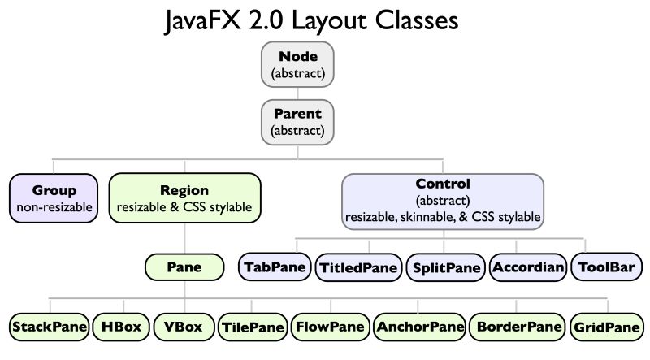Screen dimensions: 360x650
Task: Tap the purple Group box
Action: (54, 199)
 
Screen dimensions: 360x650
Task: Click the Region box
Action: (184, 199)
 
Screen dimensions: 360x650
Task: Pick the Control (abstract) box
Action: (443, 200)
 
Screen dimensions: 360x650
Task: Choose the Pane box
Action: (184, 266)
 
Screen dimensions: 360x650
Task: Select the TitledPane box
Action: (358, 267)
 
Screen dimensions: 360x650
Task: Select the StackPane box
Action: (48, 327)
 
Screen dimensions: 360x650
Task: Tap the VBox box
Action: (183, 327)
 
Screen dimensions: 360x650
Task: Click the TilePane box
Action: (253, 327)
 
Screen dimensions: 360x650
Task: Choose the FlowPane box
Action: (330, 327)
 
